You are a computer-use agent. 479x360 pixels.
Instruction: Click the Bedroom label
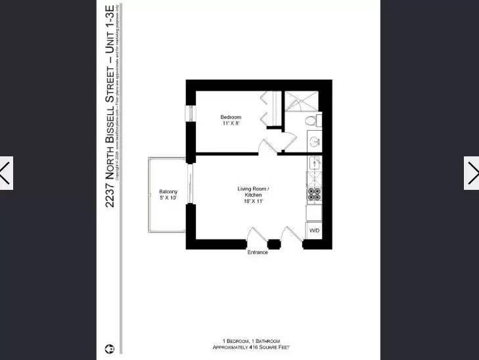(230, 118)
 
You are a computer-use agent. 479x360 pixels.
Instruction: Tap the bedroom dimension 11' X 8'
(230, 124)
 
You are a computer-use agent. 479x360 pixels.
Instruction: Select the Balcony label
(168, 192)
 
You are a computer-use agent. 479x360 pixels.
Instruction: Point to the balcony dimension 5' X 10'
(168, 198)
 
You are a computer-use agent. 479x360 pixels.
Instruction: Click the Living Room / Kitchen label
(254, 192)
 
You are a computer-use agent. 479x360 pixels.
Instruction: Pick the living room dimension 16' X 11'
(254, 201)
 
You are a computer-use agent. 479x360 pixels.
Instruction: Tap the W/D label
(314, 231)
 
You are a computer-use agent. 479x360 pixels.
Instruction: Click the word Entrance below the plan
(258, 252)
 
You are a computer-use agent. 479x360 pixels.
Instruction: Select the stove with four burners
(314, 194)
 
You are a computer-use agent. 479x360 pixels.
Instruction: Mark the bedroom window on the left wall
(191, 113)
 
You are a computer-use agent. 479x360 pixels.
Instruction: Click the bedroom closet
(271, 108)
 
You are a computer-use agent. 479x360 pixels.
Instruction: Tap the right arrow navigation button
(472, 173)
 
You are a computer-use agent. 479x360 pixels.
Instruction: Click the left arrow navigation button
(6, 173)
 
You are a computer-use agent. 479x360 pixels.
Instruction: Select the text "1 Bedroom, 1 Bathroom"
(251, 341)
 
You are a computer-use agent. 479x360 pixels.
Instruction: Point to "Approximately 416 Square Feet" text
(251, 347)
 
